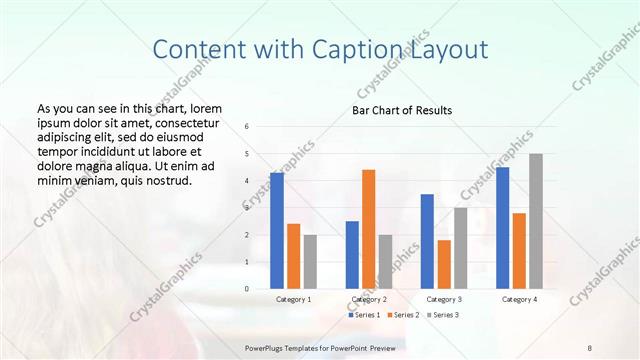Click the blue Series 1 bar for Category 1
[x=277, y=231]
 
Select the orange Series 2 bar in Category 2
[x=368, y=229]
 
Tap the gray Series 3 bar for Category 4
[x=536, y=221]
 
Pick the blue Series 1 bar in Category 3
[x=427, y=241]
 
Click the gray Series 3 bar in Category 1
[x=310, y=262]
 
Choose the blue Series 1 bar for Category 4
[x=502, y=228]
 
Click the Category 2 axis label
[x=369, y=299]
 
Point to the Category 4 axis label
[x=519, y=299]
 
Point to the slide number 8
[x=590, y=346]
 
